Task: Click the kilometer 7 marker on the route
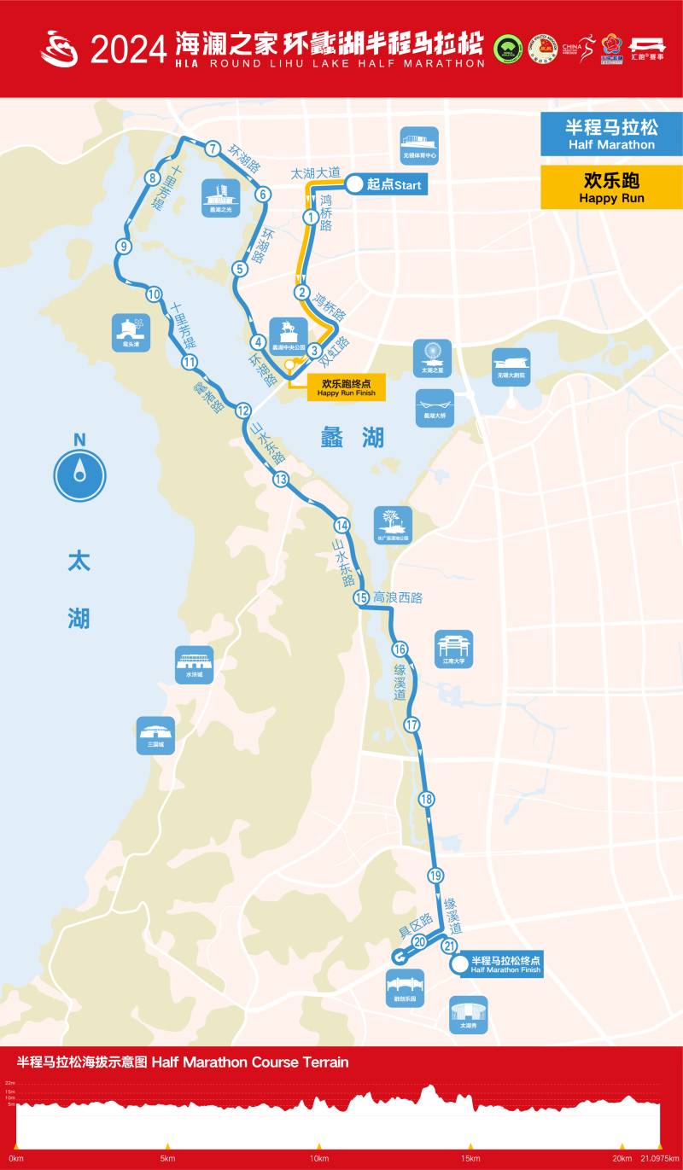(x=213, y=148)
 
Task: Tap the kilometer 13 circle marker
(x=281, y=480)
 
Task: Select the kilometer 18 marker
(x=427, y=800)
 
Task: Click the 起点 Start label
(x=393, y=185)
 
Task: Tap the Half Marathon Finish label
(x=505, y=964)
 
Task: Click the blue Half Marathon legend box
(x=610, y=135)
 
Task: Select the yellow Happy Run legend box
(x=610, y=188)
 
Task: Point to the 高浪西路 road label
(x=398, y=598)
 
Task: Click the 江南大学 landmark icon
(x=453, y=649)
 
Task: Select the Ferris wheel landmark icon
(x=432, y=358)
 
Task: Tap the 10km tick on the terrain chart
(x=319, y=1158)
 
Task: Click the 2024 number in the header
(x=129, y=49)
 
